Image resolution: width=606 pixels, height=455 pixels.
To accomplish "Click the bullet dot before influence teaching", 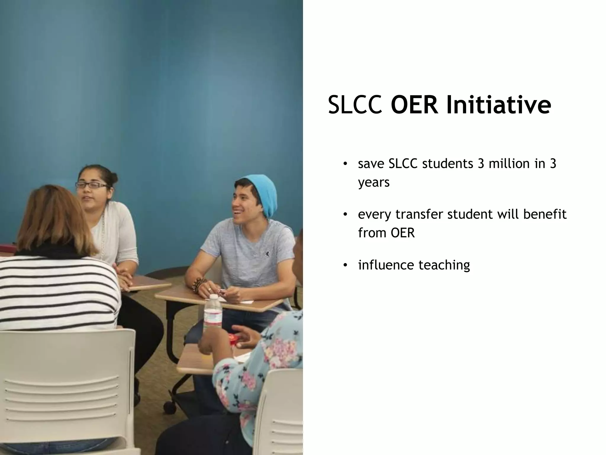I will [345, 265].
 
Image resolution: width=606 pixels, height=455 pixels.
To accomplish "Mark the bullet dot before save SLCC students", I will [345, 164].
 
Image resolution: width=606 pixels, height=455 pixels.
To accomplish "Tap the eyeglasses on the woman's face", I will [92, 185].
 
